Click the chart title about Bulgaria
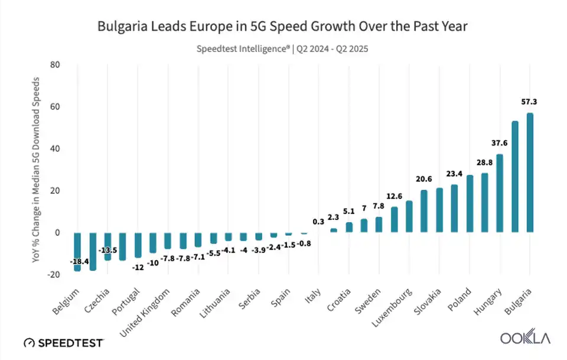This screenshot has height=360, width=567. (282, 27)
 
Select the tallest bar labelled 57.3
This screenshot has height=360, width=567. (530, 172)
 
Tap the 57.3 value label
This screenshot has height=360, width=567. (529, 102)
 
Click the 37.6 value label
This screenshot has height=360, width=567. (500, 143)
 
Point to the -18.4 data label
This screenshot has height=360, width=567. (79, 261)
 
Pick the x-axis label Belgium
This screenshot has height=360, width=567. (66, 300)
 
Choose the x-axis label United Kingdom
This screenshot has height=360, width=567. (146, 312)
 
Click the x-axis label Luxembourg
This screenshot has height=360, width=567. (393, 307)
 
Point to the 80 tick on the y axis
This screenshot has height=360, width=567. (56, 65)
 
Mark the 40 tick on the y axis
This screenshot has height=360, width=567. (56, 149)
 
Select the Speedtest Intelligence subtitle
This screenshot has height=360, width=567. (282, 49)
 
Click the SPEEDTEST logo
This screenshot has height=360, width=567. (64, 343)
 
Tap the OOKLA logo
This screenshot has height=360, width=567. (525, 339)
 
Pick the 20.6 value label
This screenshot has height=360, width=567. (423, 179)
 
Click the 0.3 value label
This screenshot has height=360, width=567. (318, 222)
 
